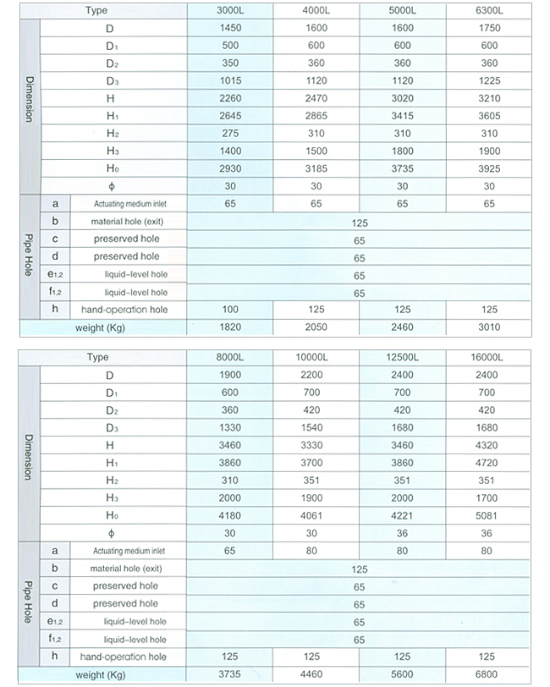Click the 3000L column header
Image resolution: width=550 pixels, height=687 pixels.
tap(230, 10)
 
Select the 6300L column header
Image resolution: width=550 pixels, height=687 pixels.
tap(488, 10)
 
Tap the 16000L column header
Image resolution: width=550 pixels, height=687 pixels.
tap(488, 357)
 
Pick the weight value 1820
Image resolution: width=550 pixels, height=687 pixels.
tap(230, 327)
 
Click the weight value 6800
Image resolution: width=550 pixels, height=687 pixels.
tap(488, 674)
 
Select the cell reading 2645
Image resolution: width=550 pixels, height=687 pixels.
tap(230, 116)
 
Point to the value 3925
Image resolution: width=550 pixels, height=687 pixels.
tap(488, 168)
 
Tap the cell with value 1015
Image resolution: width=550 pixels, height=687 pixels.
tap(230, 80)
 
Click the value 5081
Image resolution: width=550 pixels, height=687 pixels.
tap(488, 515)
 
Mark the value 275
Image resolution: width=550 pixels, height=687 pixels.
tap(230, 134)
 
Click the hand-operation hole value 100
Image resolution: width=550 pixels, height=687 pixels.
tap(230, 310)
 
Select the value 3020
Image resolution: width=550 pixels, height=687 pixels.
tap(403, 98)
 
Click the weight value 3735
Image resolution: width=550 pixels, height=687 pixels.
tap(230, 674)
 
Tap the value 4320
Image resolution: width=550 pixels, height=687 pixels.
tap(488, 445)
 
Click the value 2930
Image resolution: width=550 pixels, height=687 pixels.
tap(230, 168)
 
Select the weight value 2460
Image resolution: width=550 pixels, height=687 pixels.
tap(403, 327)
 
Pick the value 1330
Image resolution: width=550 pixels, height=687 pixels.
tap(230, 428)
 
